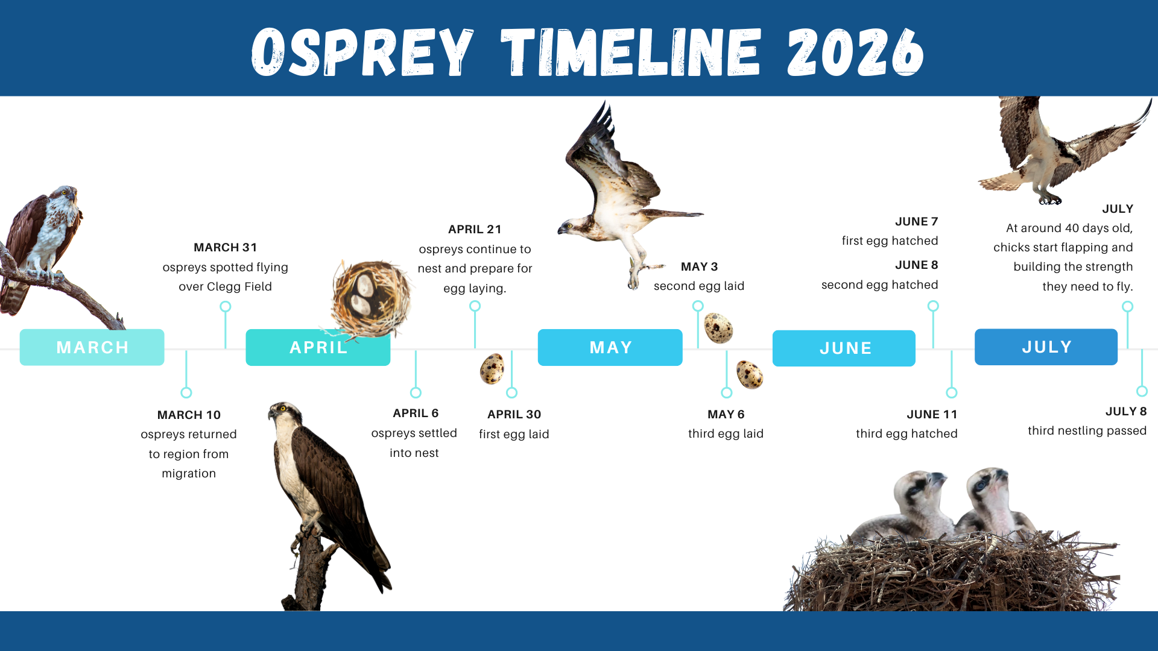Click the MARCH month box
[92, 347]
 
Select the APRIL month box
[318, 348]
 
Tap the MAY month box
[610, 348]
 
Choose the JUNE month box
[844, 348]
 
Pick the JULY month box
[1046, 347]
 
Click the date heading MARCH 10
[189, 415]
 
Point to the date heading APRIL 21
[475, 229]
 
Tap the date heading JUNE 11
[932, 414]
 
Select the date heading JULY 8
[1125, 411]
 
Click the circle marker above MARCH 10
[186, 393]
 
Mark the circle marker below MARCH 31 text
[226, 307]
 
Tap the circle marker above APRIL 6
[416, 393]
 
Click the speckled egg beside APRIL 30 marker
[492, 369]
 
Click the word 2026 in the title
[855, 52]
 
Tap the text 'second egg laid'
[699, 286]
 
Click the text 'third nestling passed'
[1087, 430]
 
